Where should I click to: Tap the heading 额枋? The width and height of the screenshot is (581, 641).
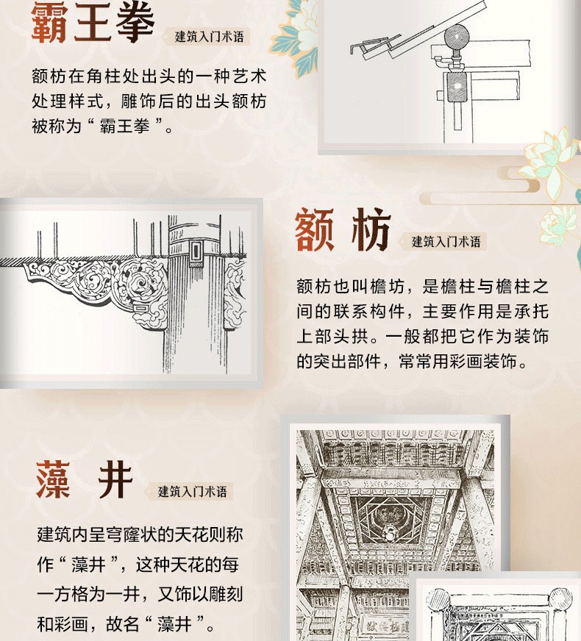(x=343, y=229)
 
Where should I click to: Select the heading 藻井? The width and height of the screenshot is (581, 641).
(x=85, y=479)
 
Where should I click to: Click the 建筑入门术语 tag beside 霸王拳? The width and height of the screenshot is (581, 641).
(x=209, y=37)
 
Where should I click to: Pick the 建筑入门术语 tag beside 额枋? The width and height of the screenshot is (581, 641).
(x=446, y=242)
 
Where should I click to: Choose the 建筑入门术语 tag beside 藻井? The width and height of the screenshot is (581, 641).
(x=192, y=491)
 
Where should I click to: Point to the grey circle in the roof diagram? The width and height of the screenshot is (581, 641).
(x=456, y=36)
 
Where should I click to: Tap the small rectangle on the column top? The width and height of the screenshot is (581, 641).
(x=196, y=250)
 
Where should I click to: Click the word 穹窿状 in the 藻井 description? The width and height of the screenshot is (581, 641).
(x=132, y=534)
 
